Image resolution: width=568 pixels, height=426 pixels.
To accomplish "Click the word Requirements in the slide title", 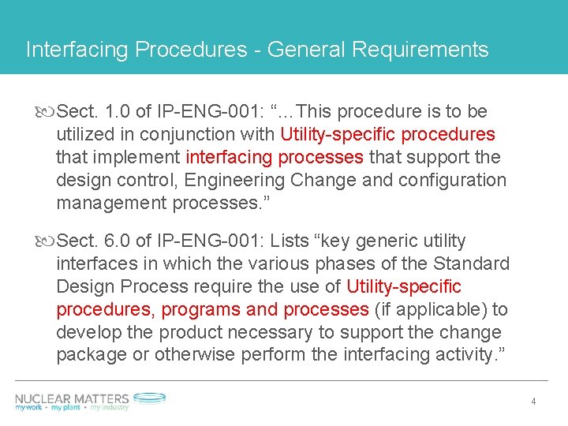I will point(420,50).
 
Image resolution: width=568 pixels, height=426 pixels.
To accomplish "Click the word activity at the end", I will point(468,355).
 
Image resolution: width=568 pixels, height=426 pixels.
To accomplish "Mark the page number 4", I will point(533,402).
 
